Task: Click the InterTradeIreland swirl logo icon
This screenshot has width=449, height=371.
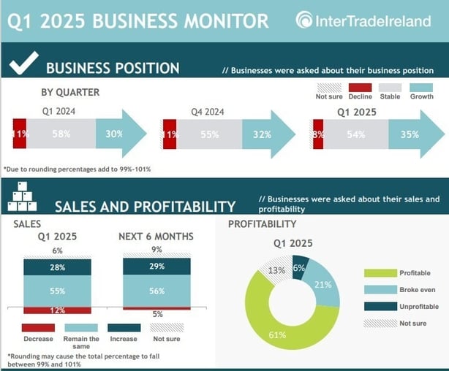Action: (x=303, y=20)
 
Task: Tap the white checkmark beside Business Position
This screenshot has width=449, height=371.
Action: (x=24, y=63)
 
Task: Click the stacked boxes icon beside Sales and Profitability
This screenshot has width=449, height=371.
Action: (x=23, y=196)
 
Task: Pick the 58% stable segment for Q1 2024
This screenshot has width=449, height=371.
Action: (x=61, y=134)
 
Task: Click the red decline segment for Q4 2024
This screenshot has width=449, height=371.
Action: (x=170, y=134)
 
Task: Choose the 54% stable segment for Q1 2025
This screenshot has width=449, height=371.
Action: (x=356, y=134)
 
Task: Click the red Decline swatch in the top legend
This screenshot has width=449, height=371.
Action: (x=361, y=88)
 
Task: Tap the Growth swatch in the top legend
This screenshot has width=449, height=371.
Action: (x=421, y=88)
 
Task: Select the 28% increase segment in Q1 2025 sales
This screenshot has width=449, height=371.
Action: (x=57, y=267)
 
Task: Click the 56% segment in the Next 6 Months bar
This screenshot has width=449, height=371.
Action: (x=156, y=291)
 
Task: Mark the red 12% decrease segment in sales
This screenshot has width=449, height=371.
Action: (x=57, y=310)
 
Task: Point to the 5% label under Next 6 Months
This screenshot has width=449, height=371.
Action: (x=157, y=314)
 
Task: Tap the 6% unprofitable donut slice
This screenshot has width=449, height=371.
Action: (x=299, y=267)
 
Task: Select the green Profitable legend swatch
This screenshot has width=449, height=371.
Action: (x=380, y=273)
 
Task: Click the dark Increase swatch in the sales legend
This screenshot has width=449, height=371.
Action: (x=124, y=327)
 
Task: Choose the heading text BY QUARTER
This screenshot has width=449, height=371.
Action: (x=70, y=92)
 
